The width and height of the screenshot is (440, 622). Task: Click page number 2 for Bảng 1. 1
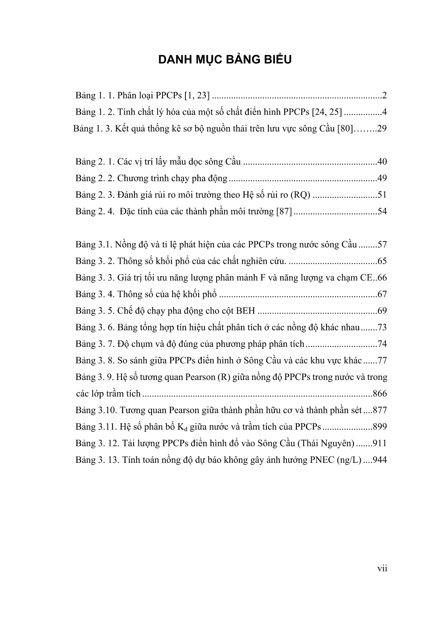385,95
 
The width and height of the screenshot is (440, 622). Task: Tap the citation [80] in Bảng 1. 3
347,128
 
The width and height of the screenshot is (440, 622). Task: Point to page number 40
382,161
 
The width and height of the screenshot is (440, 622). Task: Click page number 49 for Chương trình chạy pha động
382,178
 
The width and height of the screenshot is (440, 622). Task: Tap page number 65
382,261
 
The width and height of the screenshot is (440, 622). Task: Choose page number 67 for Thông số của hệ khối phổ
382,294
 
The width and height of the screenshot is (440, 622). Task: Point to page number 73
382,327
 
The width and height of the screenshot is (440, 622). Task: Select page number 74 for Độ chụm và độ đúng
382,344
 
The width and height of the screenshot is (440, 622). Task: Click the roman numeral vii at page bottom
382,569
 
